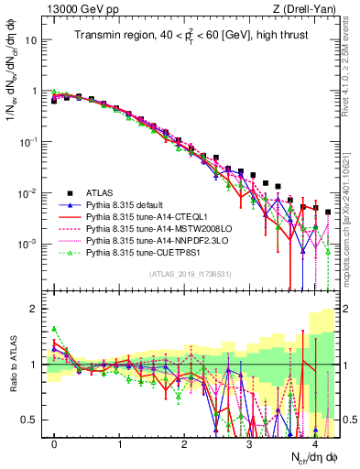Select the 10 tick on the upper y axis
coord(32,41)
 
